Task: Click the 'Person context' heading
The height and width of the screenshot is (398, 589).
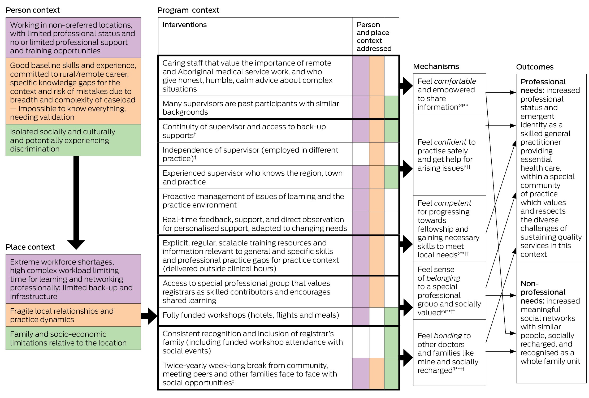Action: click(33, 10)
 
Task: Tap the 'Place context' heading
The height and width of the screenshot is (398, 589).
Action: click(30, 247)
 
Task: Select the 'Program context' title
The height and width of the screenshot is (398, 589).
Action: click(188, 10)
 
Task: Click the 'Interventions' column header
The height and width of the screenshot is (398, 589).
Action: click(184, 25)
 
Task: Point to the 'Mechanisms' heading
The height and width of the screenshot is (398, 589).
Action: click(436, 66)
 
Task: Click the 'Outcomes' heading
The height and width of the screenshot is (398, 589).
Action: click(535, 67)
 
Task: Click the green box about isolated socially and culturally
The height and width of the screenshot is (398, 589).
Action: click(73, 140)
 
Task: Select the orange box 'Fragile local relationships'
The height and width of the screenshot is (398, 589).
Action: click(73, 315)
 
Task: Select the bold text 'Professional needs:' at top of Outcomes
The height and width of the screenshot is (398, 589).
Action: click(543, 86)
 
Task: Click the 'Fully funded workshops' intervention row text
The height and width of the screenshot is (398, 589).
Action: click(251, 315)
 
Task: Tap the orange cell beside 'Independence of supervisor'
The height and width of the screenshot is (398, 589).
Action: click(376, 154)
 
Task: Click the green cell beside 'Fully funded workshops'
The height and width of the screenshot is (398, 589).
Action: click(391, 316)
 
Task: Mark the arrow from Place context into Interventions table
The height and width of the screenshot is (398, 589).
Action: click(149, 316)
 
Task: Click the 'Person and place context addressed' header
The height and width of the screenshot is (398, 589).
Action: click(374, 37)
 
